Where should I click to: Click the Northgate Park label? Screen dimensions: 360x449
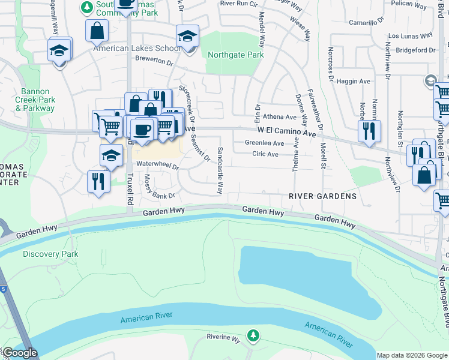235,55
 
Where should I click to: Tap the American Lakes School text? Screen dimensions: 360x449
136,48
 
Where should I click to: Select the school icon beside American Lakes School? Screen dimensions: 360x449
187,37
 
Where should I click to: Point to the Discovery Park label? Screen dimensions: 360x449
50,254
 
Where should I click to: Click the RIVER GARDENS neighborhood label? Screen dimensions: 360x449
322,196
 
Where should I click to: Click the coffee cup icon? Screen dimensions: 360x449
142,129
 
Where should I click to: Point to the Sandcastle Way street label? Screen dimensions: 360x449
220,170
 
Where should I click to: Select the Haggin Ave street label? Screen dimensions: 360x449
354,81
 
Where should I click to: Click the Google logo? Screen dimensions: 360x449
19,353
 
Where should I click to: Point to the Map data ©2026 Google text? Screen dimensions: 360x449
412,355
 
